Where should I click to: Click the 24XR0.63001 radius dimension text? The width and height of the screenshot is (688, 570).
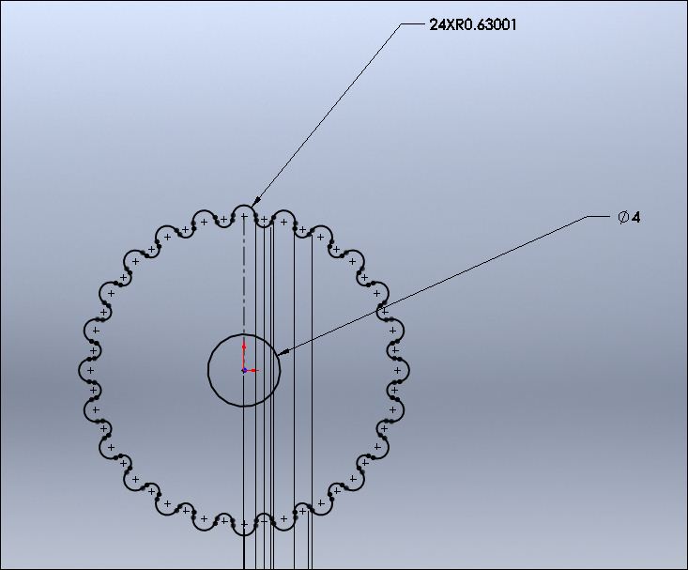472,24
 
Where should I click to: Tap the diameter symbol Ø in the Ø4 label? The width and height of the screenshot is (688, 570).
623,217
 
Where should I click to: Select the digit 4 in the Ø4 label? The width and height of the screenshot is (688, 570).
635,217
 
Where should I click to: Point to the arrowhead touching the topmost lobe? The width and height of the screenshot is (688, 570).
255,202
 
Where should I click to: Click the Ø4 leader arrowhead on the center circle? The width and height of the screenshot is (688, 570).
283,352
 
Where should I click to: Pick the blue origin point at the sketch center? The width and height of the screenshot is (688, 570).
244,371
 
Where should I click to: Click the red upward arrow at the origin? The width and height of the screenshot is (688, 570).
244,355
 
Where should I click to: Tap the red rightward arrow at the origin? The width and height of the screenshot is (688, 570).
252,371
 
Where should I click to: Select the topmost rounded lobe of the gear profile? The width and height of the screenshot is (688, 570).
244,205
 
